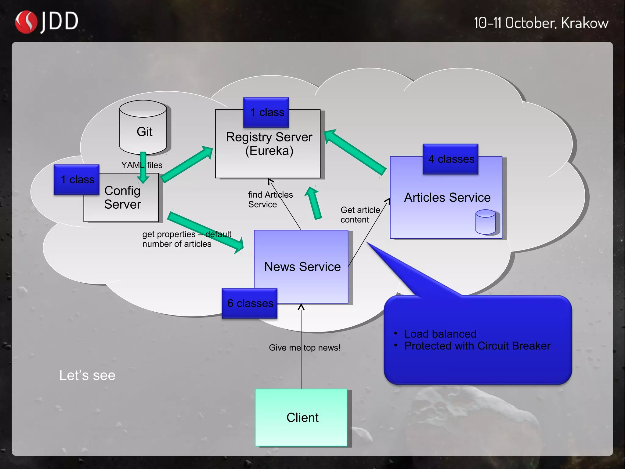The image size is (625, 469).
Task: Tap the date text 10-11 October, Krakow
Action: click(x=541, y=23)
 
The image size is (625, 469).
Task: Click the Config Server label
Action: click(x=123, y=197)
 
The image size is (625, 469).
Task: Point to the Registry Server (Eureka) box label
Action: click(x=269, y=144)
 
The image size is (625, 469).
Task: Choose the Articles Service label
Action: click(x=447, y=197)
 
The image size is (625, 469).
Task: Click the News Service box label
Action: click(x=302, y=267)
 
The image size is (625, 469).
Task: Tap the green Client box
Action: click(x=302, y=417)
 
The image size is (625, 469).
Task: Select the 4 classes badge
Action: click(x=451, y=159)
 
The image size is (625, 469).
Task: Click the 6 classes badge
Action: click(x=250, y=303)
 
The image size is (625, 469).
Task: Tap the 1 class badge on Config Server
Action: click(x=77, y=180)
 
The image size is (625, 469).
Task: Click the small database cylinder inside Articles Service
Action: click(x=485, y=222)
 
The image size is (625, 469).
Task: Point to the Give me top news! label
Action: click(x=304, y=348)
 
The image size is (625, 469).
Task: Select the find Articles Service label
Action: click(x=270, y=200)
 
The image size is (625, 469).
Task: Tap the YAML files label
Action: click(x=142, y=165)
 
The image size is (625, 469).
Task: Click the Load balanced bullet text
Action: click(x=440, y=334)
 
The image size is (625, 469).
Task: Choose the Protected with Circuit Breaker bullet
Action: click(x=477, y=346)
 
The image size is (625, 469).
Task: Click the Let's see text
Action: click(x=87, y=375)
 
